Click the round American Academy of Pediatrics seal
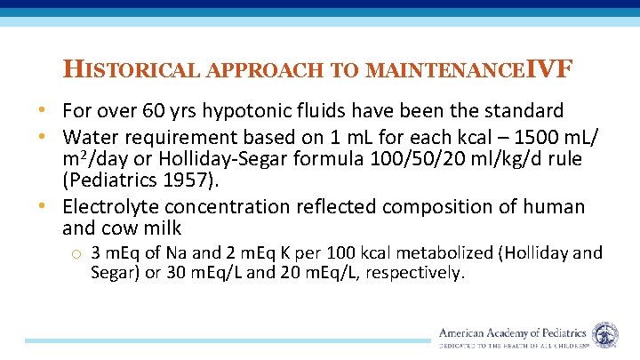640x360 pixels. [x=605, y=335]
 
